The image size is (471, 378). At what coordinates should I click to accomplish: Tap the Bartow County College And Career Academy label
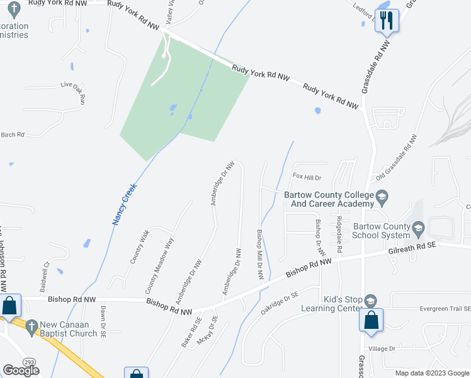[329, 199]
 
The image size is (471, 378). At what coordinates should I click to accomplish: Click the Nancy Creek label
[125, 203]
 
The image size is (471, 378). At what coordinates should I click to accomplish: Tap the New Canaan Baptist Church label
[68, 329]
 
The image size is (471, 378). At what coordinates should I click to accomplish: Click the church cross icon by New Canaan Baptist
[31, 325]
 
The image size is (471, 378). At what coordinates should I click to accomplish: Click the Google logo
[21, 370]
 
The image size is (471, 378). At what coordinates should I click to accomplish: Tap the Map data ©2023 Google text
[431, 373]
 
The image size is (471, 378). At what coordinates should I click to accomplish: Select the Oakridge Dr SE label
[280, 301]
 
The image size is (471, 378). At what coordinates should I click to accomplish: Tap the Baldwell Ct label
[45, 273]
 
